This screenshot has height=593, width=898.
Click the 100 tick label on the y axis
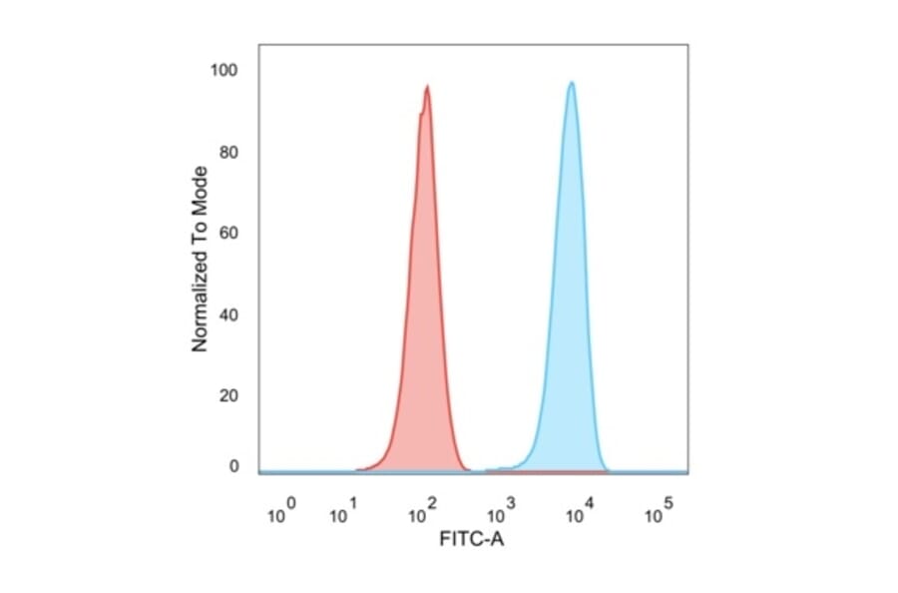click(x=225, y=70)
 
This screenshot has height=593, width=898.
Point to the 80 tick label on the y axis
click(x=229, y=153)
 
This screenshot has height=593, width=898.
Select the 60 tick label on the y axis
click(x=229, y=234)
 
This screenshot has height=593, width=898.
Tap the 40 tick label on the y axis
click(x=229, y=315)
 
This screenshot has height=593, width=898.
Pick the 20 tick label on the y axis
click(x=229, y=396)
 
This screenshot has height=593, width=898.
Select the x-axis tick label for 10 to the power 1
click(x=342, y=514)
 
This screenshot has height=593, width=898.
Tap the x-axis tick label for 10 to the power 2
click(x=420, y=514)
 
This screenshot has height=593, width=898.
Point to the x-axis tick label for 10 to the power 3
click(x=499, y=514)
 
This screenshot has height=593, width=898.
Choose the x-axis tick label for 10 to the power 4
click(x=578, y=514)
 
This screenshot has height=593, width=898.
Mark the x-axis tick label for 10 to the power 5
click(x=656, y=514)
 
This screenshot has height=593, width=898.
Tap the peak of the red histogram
click(x=427, y=87)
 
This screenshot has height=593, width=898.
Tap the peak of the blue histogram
click(x=571, y=83)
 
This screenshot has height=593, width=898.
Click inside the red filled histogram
click(x=426, y=299)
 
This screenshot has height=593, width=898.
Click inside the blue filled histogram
click(x=571, y=299)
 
